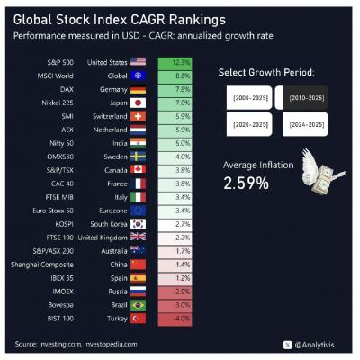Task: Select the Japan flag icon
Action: pyautogui.click(x=138, y=103)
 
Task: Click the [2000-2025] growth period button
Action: pyautogui.click(x=247, y=95)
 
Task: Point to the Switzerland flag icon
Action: pyautogui.click(x=138, y=116)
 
